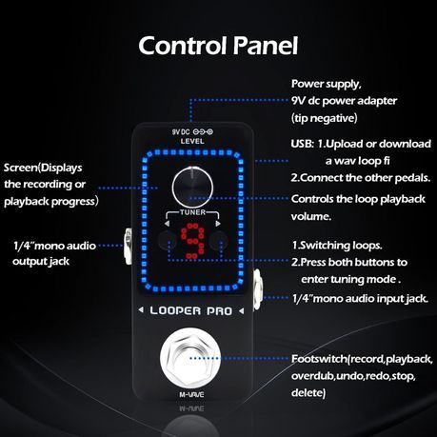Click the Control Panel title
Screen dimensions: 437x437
[218, 46]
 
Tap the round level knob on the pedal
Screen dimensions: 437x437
[192, 187]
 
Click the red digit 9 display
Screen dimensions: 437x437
[193, 241]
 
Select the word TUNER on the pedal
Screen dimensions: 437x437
[192, 212]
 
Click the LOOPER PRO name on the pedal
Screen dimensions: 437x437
[191, 310]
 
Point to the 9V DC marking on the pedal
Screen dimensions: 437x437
[181, 131]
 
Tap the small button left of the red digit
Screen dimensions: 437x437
[167, 240]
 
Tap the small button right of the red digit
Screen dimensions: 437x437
[219, 240]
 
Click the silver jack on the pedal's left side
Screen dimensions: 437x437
[128, 246]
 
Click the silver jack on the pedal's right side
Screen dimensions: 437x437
[256, 289]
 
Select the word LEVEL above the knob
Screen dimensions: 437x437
[192, 141]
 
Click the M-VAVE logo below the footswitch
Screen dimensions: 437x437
[191, 395]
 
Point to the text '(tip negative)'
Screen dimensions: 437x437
[325, 118]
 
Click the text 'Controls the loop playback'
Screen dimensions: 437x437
[358, 199]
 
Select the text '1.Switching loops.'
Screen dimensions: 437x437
[337, 246]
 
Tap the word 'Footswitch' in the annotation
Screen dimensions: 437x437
[320, 359]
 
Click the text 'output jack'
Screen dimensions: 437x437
[41, 262]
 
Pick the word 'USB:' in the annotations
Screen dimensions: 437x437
[303, 144]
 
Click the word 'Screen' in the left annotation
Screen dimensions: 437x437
[21, 168]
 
